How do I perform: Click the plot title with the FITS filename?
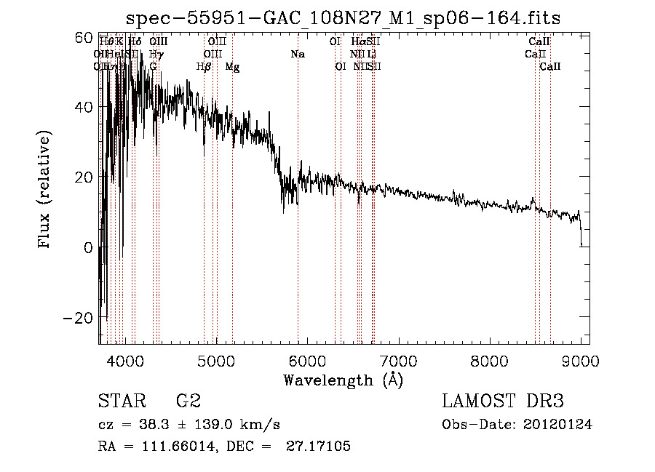[x=342, y=17]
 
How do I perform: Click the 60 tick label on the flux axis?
[x=84, y=38]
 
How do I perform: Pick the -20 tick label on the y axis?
[x=79, y=318]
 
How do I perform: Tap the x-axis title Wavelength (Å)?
[x=343, y=380]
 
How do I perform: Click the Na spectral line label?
[x=297, y=54]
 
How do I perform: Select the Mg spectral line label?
[x=232, y=67]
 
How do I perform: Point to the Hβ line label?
[x=204, y=67]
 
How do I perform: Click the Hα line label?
[x=357, y=41]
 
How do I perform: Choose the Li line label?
[x=371, y=54]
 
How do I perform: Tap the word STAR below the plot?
[x=122, y=401]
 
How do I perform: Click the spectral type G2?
[x=188, y=401]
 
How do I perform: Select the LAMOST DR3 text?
[x=503, y=401]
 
